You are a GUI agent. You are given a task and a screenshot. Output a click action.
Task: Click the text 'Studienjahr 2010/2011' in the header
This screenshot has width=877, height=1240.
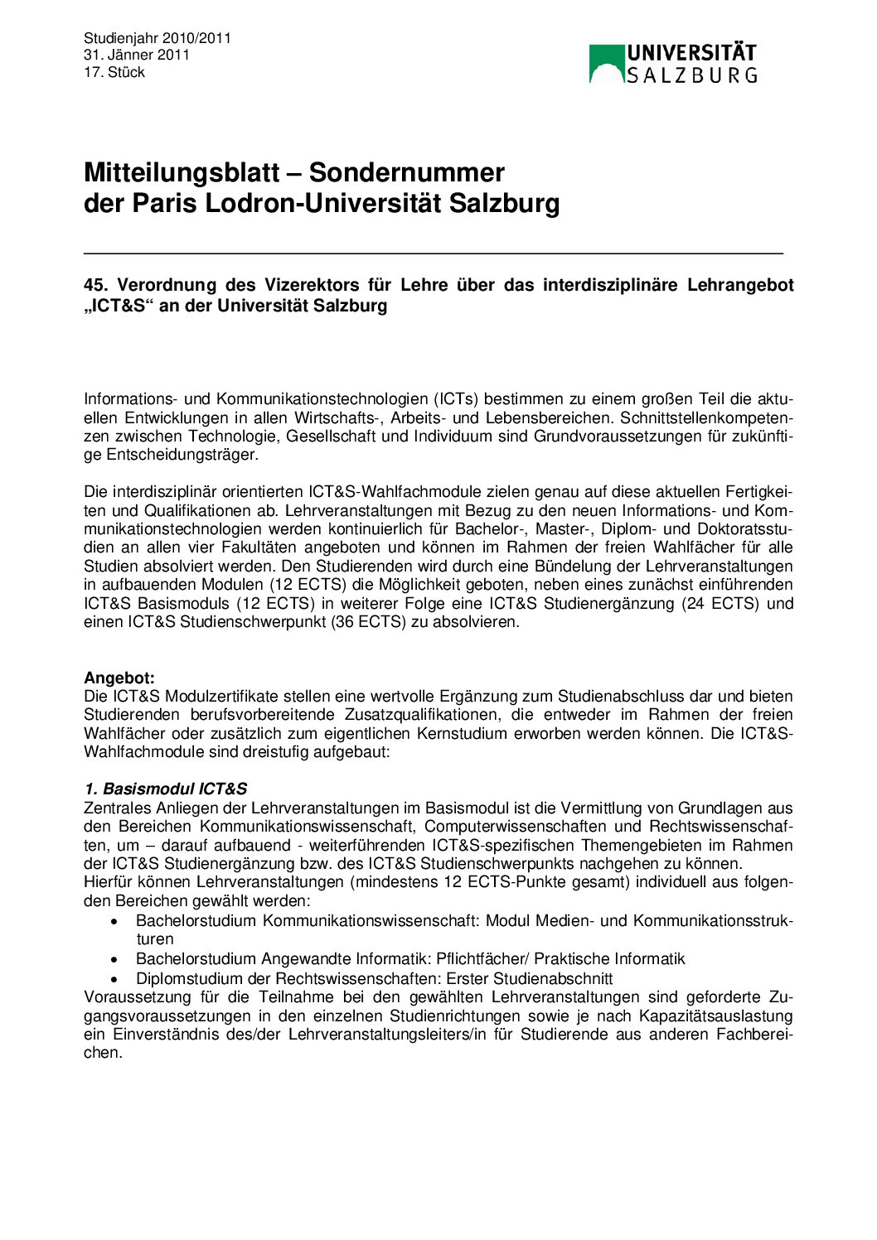157,38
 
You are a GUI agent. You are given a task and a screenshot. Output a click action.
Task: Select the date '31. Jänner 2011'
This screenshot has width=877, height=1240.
137,55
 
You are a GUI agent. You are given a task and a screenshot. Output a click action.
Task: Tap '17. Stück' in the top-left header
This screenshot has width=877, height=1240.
114,72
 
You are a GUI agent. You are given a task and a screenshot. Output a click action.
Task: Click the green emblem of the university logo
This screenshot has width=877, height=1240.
606,64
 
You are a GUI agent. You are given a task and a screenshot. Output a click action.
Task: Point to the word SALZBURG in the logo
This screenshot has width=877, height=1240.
691,75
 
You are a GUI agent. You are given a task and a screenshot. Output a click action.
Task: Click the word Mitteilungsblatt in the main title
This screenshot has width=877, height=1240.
182,172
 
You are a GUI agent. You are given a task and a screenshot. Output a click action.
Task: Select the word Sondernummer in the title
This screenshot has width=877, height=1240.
407,172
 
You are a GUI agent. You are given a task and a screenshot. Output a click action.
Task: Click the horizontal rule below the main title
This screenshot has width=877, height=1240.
434,252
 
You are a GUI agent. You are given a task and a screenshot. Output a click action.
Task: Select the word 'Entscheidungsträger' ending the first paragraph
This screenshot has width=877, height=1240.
182,455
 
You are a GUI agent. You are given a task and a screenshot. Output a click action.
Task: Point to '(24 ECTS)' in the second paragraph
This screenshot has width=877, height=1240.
720,603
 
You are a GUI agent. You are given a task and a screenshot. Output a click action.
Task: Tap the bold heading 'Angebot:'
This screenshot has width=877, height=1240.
119,678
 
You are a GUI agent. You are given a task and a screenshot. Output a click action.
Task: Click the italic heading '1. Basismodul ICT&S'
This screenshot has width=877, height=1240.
166,789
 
